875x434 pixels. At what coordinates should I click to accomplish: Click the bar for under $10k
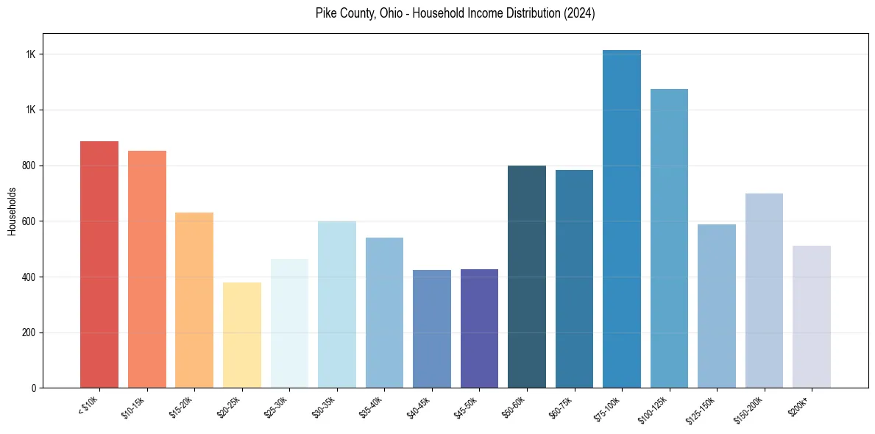coord(99,264)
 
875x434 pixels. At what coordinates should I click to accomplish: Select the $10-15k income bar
coord(147,269)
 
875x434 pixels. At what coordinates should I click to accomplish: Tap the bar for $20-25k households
coord(242,335)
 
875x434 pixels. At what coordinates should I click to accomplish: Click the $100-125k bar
coord(669,238)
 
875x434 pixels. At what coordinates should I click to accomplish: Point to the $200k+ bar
coord(812,316)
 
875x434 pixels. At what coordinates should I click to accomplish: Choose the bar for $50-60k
coord(527,277)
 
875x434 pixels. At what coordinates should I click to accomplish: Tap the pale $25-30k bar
coord(289,323)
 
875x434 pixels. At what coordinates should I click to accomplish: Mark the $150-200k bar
coord(764,291)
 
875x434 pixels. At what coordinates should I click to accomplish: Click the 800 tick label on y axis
coord(29,166)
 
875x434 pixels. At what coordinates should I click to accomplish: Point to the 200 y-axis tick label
coord(29,332)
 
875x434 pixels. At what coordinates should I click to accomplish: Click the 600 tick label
coord(29,221)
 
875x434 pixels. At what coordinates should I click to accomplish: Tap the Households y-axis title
coord(12,211)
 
